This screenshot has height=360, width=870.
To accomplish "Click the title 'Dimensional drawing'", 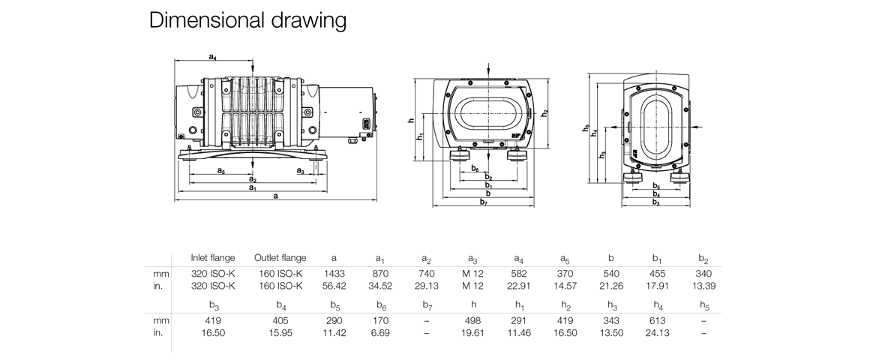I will tap(247, 20).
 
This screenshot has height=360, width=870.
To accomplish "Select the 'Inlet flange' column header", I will tap(213, 258).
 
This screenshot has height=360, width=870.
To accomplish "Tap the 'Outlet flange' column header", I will tap(280, 258).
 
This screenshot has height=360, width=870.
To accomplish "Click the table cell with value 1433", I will tap(334, 274).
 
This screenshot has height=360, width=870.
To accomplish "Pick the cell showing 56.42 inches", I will tap(334, 286).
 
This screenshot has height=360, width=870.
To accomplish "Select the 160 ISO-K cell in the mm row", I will tap(280, 274).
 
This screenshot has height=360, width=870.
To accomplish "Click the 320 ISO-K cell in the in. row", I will tap(213, 286).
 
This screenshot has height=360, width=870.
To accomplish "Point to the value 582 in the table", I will tap(519, 274).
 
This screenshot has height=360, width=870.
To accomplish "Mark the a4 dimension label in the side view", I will tap(213, 57).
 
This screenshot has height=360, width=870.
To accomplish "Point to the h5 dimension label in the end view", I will tap(586, 128).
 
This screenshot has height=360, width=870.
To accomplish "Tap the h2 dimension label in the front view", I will tap(545, 112).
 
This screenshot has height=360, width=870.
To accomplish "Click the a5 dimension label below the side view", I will tap(221, 171).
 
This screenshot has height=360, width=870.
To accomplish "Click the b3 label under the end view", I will tap(655, 202).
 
